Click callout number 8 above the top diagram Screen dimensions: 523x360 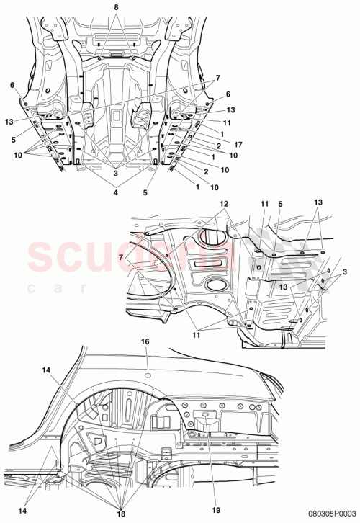click(116, 6)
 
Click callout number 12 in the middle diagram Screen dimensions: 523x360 click(224, 204)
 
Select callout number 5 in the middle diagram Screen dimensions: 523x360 click(279, 204)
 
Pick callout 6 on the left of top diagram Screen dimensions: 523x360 click(12, 85)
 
